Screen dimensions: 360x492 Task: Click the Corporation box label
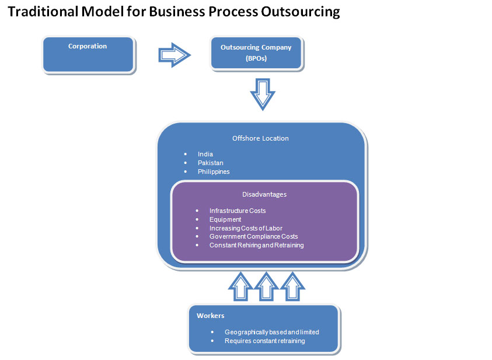[x=88, y=46]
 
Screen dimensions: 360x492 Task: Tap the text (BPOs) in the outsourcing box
[x=256, y=58]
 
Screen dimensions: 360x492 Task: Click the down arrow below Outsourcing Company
[x=263, y=93]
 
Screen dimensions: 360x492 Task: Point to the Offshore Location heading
[x=260, y=138]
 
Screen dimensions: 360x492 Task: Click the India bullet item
[x=205, y=154]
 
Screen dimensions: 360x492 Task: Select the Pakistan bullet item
[x=210, y=163]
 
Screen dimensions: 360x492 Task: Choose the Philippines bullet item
[x=214, y=172]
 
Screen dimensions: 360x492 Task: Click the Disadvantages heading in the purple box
[x=264, y=194]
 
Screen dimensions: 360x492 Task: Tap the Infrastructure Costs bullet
[x=238, y=210]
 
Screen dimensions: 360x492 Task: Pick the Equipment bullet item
[x=225, y=219]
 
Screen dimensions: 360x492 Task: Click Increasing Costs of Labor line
[x=246, y=228]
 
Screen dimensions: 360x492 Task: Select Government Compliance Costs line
[x=253, y=236]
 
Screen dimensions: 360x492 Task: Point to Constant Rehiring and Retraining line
[x=256, y=245]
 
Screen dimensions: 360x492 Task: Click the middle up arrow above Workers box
[x=266, y=286]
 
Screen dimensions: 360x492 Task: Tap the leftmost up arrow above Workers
[x=239, y=286]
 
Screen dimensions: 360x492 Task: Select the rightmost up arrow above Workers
[x=292, y=286]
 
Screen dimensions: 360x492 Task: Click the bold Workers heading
[x=210, y=316]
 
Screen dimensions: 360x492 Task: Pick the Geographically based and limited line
[x=271, y=332]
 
